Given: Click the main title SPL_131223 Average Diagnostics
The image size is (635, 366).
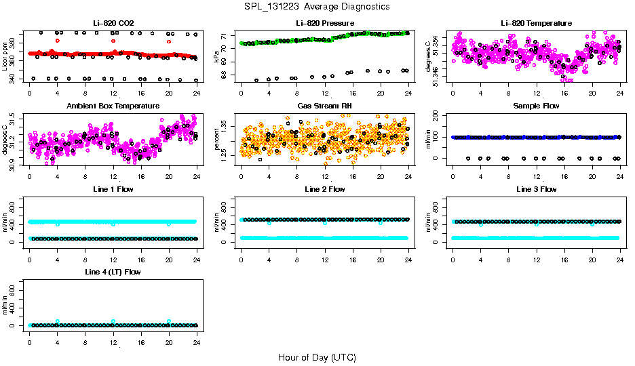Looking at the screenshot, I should [x=317, y=6].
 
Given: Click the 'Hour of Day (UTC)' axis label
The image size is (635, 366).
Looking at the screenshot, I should [x=317, y=357].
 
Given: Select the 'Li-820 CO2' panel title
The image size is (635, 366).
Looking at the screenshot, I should [x=113, y=23].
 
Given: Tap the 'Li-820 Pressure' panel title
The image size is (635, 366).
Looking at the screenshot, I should [x=324, y=23].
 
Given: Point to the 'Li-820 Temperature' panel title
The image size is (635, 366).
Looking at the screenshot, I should [x=536, y=23].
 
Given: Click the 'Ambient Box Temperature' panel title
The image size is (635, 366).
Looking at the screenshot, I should [x=113, y=106].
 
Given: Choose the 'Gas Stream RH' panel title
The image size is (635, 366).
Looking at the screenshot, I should [x=324, y=106].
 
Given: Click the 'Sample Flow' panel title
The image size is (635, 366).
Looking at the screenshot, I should [x=536, y=106].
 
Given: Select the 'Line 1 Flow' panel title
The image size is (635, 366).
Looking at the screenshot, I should [x=113, y=189].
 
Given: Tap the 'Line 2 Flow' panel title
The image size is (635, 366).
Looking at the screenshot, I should [x=324, y=189].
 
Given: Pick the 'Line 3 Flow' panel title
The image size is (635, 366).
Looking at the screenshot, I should [x=536, y=189].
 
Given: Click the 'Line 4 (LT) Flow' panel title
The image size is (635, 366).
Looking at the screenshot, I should [x=113, y=272].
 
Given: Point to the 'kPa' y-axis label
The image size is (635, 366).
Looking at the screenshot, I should [x=217, y=57].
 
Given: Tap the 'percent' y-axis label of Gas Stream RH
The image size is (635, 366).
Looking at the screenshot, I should [x=217, y=140].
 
